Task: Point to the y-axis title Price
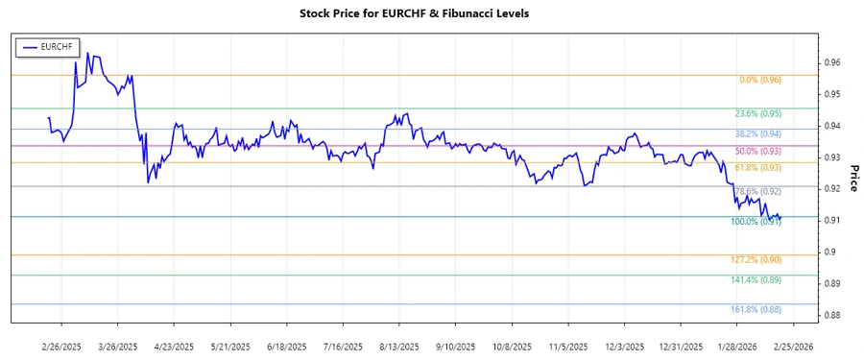pos(852,177)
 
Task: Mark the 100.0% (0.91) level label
pos(756,222)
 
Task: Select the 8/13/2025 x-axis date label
pos(398,346)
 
